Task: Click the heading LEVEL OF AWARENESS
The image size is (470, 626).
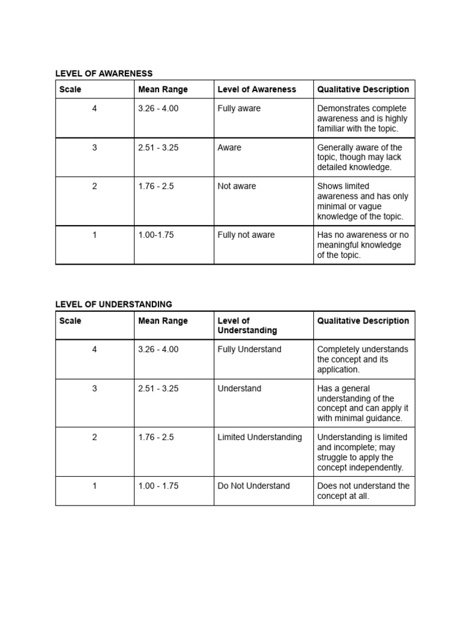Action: [103, 73]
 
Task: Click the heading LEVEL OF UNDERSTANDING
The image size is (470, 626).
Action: [113, 304]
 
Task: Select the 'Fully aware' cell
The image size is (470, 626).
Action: [239, 109]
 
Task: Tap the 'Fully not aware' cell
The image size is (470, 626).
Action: [246, 235]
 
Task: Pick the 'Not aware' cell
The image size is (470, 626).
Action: [237, 186]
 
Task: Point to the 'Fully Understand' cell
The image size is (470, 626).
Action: [249, 350]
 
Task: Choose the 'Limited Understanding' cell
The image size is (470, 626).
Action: [259, 437]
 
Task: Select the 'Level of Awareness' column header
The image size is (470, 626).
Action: [256, 89]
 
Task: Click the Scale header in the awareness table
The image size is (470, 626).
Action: [70, 89]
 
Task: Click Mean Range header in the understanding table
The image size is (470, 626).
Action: [163, 321]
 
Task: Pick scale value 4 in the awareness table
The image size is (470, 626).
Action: [94, 109]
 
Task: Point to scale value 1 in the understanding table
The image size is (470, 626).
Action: [94, 486]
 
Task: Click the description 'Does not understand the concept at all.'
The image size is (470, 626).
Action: [363, 491]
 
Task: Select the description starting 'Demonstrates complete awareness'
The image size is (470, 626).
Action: [362, 119]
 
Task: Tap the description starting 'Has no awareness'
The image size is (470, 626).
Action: [362, 245]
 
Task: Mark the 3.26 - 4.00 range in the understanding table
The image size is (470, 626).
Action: [159, 350]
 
